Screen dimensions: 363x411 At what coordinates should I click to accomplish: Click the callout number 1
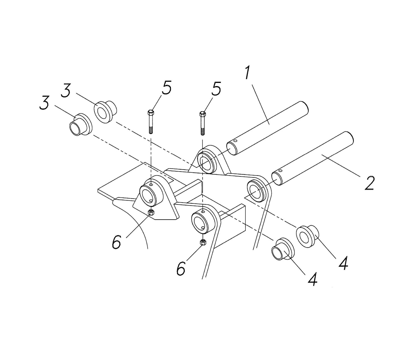[247, 73]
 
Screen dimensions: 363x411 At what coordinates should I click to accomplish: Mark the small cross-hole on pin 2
[280, 171]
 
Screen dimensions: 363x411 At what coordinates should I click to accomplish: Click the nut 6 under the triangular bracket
[152, 212]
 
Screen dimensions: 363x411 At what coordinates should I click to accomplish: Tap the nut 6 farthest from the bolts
[203, 242]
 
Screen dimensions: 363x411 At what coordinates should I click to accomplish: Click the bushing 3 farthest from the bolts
[81, 125]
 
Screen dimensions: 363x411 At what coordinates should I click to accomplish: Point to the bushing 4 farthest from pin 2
[282, 249]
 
